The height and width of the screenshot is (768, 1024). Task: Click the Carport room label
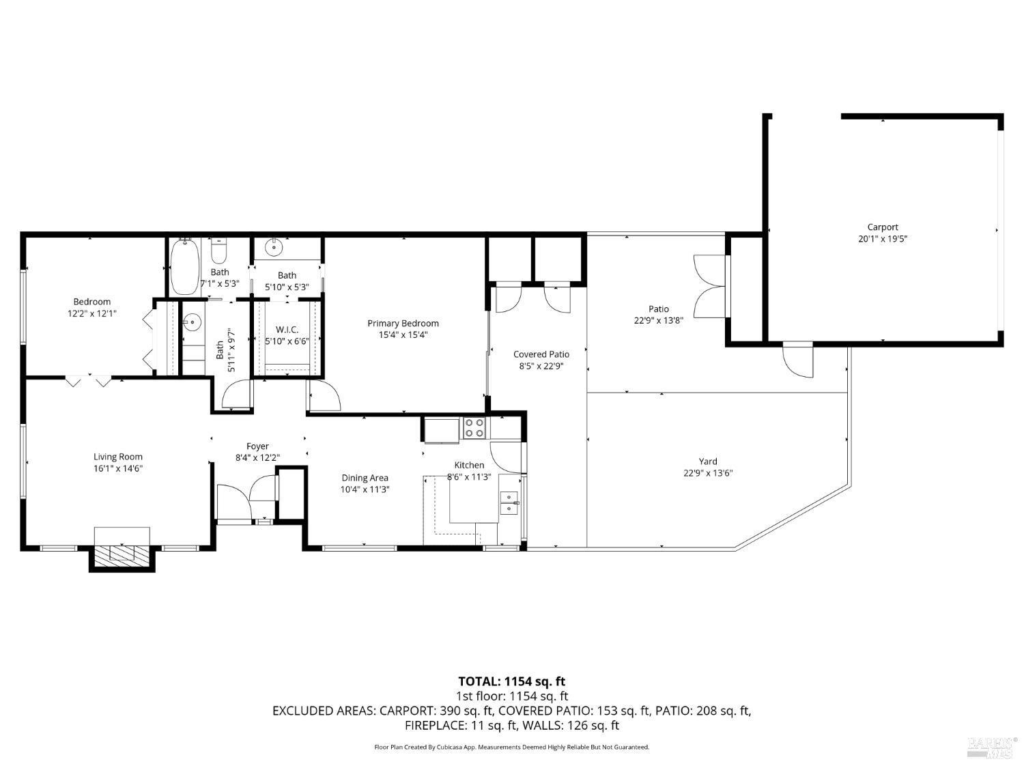(x=882, y=227)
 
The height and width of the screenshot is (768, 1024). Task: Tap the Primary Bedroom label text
(x=403, y=323)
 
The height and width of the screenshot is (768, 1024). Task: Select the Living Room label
(x=118, y=457)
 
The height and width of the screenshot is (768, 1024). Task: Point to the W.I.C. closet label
(x=287, y=330)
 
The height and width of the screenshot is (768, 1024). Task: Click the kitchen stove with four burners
(x=474, y=428)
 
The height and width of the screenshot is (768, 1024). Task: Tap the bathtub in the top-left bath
(x=185, y=267)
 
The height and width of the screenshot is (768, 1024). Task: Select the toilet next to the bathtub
(x=218, y=252)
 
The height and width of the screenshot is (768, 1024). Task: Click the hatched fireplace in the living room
(x=122, y=553)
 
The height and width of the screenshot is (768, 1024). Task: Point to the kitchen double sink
(x=509, y=502)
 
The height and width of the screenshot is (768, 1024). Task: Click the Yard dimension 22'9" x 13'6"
(x=708, y=473)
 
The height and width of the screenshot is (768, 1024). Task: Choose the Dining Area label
(x=365, y=477)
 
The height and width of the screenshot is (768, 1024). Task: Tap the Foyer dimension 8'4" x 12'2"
(x=257, y=457)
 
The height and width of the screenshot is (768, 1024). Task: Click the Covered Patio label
(x=541, y=354)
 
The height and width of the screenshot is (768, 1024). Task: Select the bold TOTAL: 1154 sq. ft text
(x=512, y=681)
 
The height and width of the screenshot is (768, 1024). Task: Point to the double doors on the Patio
(x=709, y=286)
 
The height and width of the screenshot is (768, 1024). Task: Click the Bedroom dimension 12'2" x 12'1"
(x=92, y=313)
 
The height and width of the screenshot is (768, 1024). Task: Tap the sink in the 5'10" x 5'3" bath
(x=274, y=246)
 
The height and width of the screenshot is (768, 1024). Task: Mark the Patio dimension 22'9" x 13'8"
(x=658, y=320)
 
